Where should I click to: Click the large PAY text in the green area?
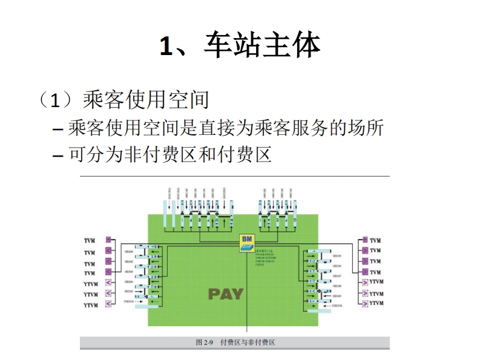[x=226, y=295]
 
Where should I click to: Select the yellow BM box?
[x=247, y=241]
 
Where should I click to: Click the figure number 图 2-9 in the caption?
[x=205, y=342]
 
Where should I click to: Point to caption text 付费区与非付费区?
[x=248, y=342]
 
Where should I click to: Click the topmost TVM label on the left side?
[x=90, y=241]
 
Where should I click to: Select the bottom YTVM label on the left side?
[x=91, y=305]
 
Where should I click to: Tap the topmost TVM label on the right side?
[x=375, y=240]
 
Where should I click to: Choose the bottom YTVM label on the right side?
[x=376, y=303]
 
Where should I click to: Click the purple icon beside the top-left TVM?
[x=109, y=240]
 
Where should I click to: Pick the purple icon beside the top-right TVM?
[x=364, y=240]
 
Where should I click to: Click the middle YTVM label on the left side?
[x=91, y=294]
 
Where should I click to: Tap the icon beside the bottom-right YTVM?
[x=364, y=303]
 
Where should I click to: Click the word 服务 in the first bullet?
[x=303, y=128]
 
